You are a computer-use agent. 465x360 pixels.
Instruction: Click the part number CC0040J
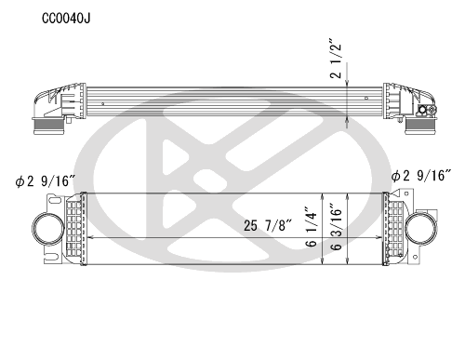pyautogui.click(x=66, y=19)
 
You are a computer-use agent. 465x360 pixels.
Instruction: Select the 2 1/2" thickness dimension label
pyautogui.click(x=336, y=59)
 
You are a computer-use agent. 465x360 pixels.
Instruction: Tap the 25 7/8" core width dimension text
pyautogui.click(x=268, y=225)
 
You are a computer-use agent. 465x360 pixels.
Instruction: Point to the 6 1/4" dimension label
pyautogui.click(x=311, y=226)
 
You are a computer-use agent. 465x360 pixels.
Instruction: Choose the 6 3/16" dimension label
pyautogui.click(x=337, y=227)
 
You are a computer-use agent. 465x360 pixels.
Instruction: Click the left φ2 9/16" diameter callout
pyautogui.click(x=46, y=181)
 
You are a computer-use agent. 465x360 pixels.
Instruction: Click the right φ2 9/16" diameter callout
pyautogui.click(x=421, y=176)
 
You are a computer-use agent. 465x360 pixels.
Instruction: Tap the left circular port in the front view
pyautogui.click(x=48, y=229)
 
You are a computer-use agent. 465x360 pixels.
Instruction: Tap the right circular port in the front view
pyautogui.click(x=421, y=229)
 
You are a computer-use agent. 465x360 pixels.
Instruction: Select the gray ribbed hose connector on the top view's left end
pyautogui.click(x=48, y=126)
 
